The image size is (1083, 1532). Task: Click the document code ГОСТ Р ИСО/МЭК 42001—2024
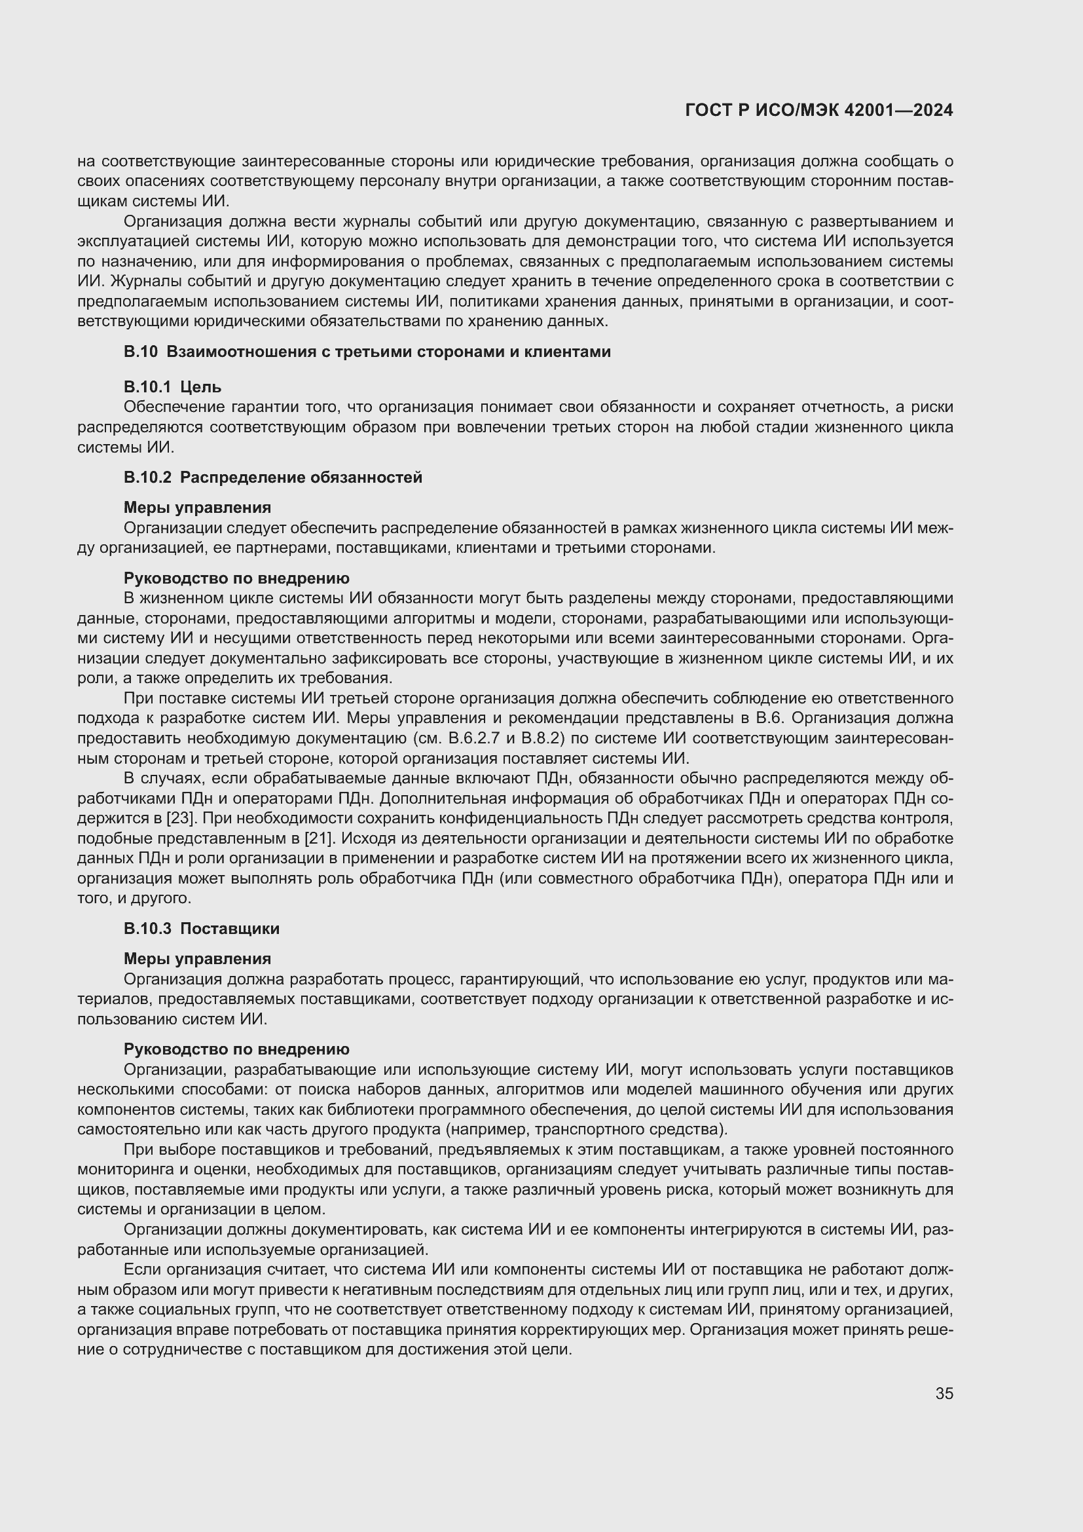pyautogui.click(x=819, y=110)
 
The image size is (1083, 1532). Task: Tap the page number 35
pyautogui.click(x=944, y=1393)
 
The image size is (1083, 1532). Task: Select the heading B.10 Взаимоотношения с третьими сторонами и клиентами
pyautogui.click(x=367, y=352)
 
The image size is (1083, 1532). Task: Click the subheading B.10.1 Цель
pyautogui.click(x=172, y=387)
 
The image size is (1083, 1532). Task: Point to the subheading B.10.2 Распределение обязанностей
pyautogui.click(x=273, y=477)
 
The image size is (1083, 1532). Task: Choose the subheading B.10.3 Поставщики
pyautogui.click(x=202, y=929)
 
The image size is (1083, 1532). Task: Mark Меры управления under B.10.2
pyautogui.click(x=197, y=508)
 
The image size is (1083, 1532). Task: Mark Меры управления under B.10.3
pyautogui.click(x=197, y=959)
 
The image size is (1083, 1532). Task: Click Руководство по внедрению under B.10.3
pyautogui.click(x=237, y=1049)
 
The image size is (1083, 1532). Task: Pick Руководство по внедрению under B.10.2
pyautogui.click(x=237, y=578)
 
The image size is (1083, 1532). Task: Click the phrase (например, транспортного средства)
pyautogui.click(x=587, y=1130)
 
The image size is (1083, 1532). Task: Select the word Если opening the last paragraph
pyautogui.click(x=141, y=1270)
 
